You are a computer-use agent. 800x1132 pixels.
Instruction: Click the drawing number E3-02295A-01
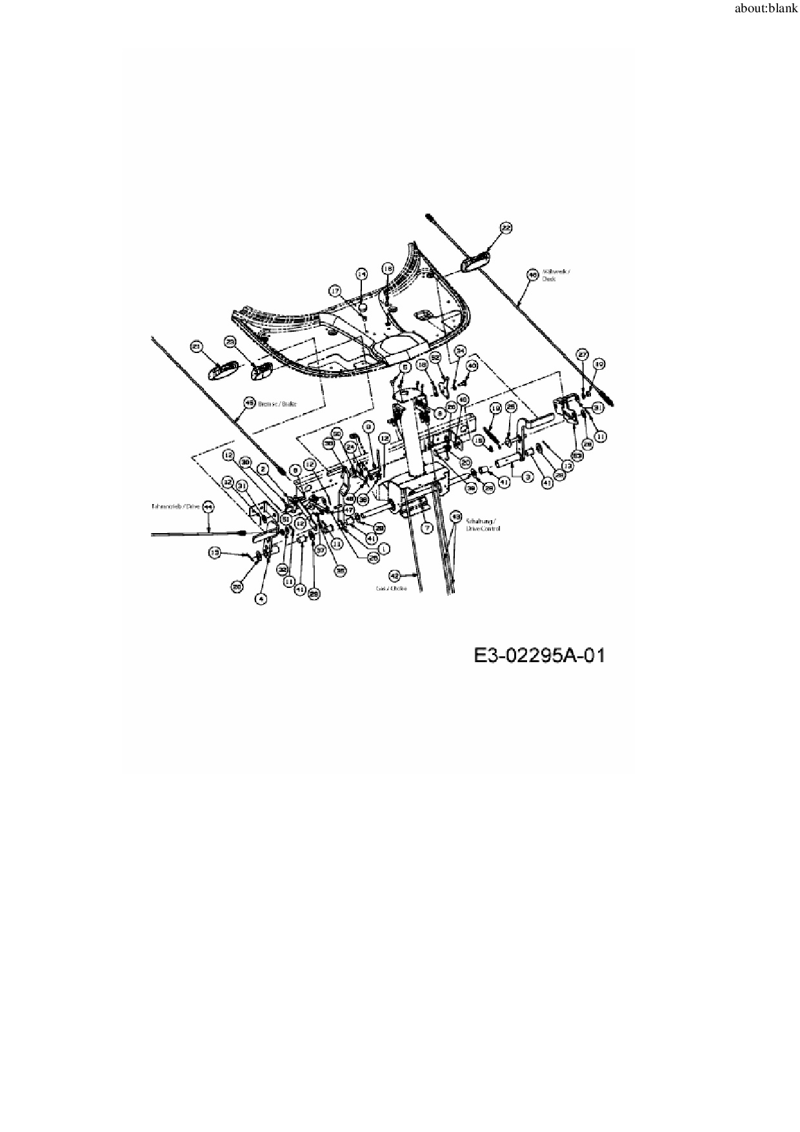click(539, 656)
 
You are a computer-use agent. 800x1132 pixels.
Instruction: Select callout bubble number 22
click(506, 228)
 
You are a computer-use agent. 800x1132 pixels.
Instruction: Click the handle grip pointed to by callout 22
click(474, 262)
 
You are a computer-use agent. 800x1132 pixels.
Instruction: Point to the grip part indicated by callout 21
click(222, 372)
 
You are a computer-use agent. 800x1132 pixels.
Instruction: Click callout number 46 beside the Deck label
click(532, 274)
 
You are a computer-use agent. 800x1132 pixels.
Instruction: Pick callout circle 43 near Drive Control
click(455, 517)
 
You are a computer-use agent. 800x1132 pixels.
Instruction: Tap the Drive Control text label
click(482, 524)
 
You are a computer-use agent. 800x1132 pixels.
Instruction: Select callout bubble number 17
click(335, 291)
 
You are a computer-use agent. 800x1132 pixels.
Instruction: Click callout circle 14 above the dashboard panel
click(361, 274)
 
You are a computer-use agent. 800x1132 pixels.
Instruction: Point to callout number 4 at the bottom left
click(261, 599)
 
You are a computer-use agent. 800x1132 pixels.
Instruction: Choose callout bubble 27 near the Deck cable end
click(582, 354)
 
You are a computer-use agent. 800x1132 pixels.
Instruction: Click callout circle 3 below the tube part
click(527, 477)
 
